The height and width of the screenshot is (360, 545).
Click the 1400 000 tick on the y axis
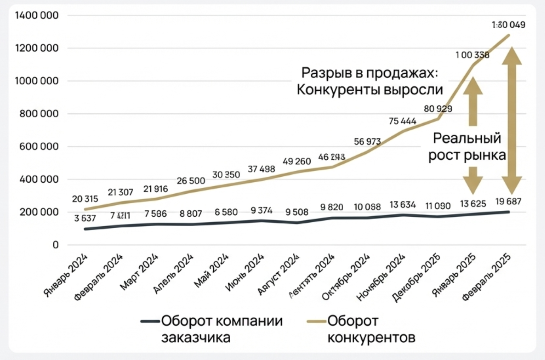pyautogui.click(x=36, y=16)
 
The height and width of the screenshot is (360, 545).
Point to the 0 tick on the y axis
pyautogui.click(x=55, y=245)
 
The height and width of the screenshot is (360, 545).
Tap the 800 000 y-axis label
pyautogui.click(x=39, y=114)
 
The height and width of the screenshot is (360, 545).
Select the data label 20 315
pyautogui.click(x=85, y=199)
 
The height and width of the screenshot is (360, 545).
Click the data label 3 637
pyautogui.click(x=85, y=218)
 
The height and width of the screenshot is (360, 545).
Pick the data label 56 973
pyautogui.click(x=367, y=141)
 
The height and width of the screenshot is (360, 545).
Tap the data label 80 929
pyautogui.click(x=438, y=109)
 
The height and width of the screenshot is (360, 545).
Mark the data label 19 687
pyautogui.click(x=508, y=201)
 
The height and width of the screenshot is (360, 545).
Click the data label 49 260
pyautogui.click(x=297, y=161)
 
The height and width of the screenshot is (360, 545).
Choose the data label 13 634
pyautogui.click(x=402, y=204)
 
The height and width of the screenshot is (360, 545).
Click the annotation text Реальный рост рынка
pyautogui.click(x=467, y=147)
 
